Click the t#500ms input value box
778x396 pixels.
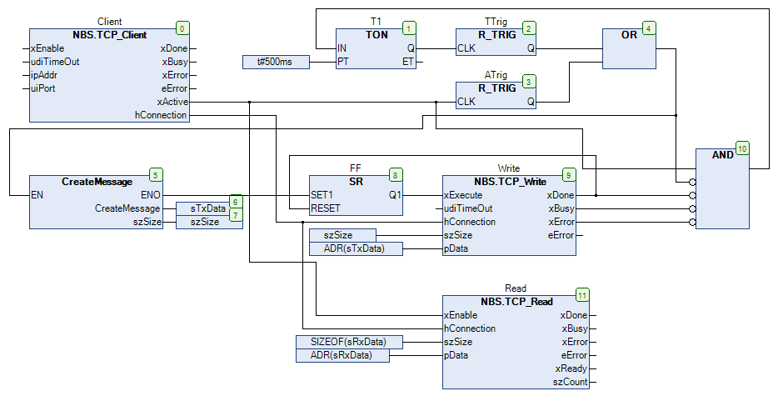[x=276, y=62]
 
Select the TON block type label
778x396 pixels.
[x=376, y=35]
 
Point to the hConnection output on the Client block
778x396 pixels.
[x=161, y=115]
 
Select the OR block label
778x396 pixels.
[x=629, y=35]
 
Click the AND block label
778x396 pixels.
[x=723, y=155]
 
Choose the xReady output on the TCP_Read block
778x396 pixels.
[x=571, y=368]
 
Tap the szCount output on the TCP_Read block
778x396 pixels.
[x=571, y=382]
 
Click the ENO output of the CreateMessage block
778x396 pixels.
[x=151, y=195]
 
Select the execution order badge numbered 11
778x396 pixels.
[x=581, y=295]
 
